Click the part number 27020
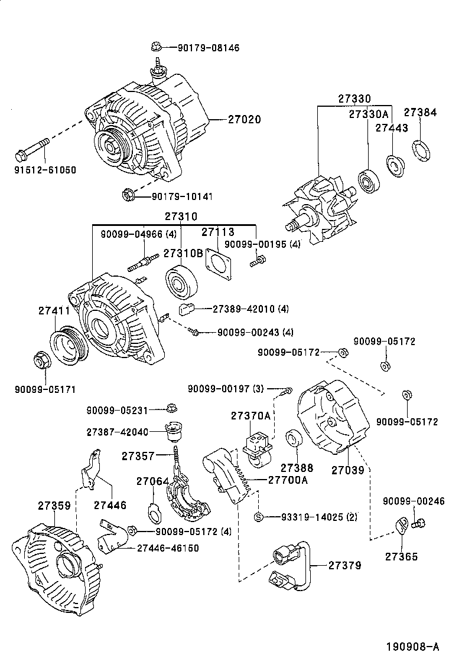[245, 119]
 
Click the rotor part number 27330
[354, 99]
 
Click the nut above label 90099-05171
[41, 361]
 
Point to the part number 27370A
[251, 416]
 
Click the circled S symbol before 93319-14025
[258, 517]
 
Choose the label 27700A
[288, 480]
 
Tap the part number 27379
[345, 565]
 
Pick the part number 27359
[54, 506]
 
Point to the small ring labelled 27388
[294, 441]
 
